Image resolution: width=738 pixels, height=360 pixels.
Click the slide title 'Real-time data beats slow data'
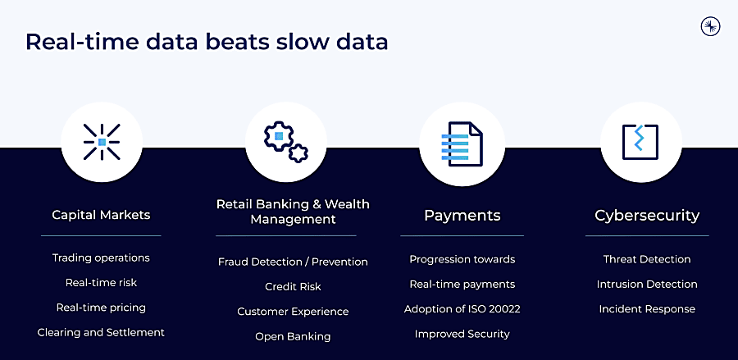207,42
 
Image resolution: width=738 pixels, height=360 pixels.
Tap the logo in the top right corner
710,26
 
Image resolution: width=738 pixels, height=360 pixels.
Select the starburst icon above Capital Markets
102,142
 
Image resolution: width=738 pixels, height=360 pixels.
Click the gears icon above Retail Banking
285,142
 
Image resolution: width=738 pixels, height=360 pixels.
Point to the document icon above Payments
462,144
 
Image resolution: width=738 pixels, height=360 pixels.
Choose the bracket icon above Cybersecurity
640,142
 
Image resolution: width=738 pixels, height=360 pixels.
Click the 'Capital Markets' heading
101,215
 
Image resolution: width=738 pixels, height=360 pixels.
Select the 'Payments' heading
462,216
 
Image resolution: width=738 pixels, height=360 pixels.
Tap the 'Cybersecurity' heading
647,216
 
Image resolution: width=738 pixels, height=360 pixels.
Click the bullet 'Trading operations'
101,257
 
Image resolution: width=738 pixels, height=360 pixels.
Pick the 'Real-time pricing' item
101,308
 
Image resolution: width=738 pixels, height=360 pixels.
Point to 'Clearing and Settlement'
101,332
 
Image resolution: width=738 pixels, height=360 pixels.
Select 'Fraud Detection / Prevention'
293,262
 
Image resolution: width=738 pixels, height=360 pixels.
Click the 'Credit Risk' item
293,286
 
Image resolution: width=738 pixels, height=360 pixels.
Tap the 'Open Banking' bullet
293,336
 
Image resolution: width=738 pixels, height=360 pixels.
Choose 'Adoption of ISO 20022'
462,309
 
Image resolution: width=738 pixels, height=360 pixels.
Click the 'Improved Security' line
462,334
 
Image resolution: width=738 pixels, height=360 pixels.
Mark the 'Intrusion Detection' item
647,285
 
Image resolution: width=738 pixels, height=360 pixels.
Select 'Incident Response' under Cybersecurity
647,309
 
